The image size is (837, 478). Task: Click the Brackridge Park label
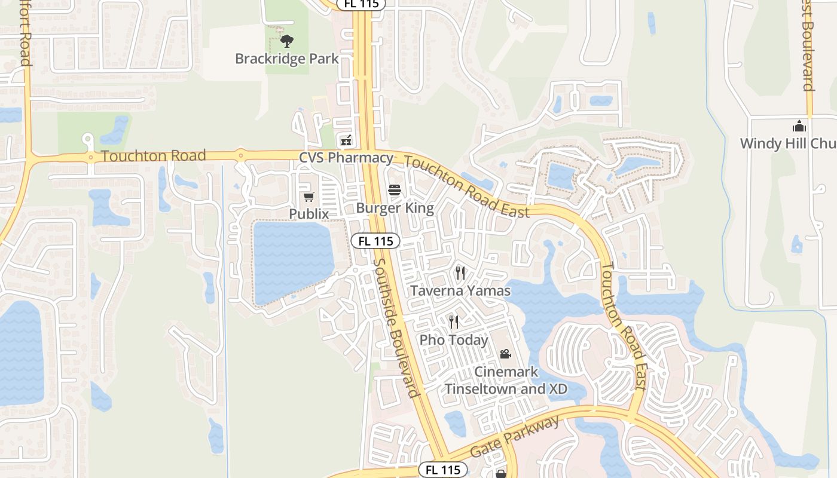(x=287, y=59)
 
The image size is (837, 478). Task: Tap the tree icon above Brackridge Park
(x=287, y=41)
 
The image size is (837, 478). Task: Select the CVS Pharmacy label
(x=346, y=158)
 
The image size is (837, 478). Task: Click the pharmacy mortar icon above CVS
(x=346, y=141)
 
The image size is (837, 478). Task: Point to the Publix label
(x=309, y=214)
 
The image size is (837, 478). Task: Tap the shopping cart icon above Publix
(x=309, y=197)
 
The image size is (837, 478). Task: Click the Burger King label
(x=395, y=208)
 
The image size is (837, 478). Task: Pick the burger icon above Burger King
(x=395, y=191)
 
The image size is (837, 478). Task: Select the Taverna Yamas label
(x=460, y=291)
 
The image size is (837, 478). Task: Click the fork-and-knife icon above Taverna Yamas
(x=460, y=273)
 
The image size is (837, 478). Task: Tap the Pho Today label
(x=454, y=340)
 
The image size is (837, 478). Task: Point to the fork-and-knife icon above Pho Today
(x=454, y=323)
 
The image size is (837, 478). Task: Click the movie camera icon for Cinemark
(x=506, y=354)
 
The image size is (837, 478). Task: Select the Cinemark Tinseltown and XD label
(x=506, y=380)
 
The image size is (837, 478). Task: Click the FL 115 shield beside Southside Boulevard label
(x=375, y=241)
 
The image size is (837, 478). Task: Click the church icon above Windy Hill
(x=799, y=126)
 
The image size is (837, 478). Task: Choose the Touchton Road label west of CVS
(x=154, y=157)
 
